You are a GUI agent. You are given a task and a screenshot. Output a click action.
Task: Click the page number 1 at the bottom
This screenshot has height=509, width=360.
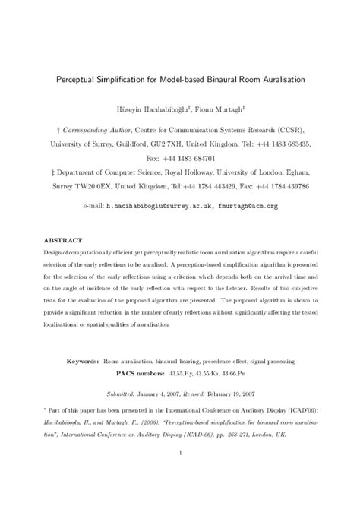tap(180, 475)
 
